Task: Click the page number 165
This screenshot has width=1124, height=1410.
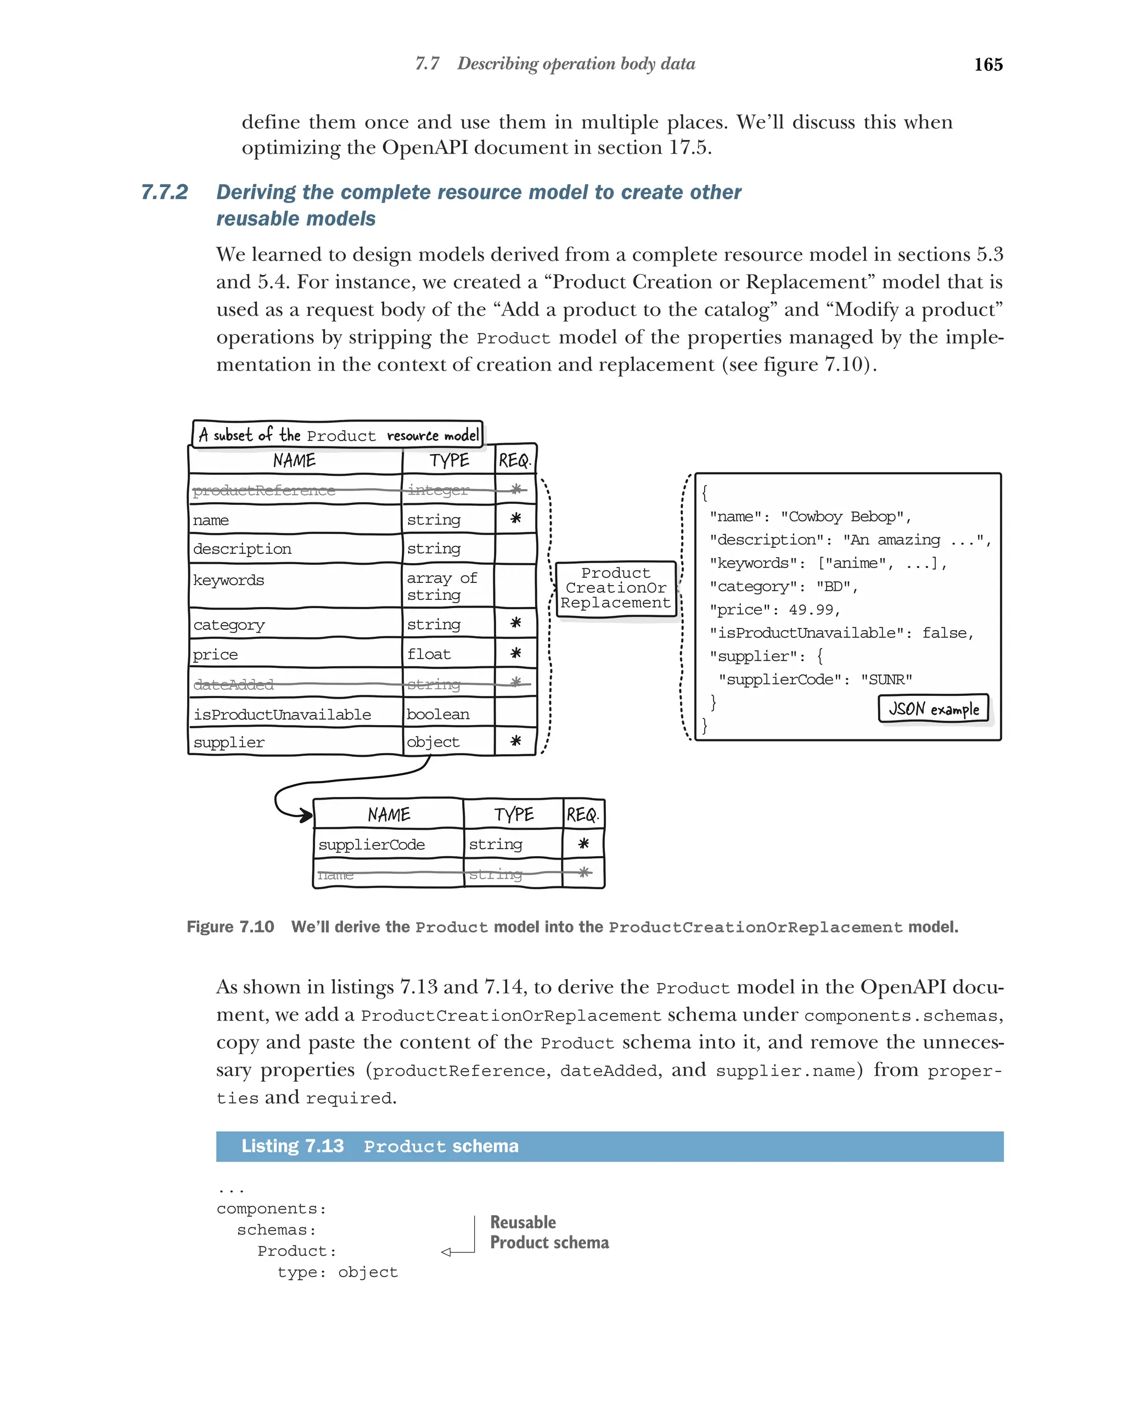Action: (987, 64)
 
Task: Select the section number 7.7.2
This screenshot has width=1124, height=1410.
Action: (164, 192)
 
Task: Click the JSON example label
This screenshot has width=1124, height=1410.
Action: (933, 709)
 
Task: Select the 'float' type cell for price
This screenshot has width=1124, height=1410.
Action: (429, 654)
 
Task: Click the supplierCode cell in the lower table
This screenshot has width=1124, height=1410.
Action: (372, 844)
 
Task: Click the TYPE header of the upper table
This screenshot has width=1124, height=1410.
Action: (448, 460)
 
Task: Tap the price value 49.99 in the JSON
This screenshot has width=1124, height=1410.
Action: (811, 610)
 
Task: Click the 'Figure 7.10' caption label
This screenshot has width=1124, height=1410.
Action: (230, 926)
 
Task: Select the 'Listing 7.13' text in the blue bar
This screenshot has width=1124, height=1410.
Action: (293, 1147)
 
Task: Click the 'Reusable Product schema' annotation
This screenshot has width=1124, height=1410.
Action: (549, 1232)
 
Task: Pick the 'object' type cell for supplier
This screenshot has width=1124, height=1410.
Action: (433, 742)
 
